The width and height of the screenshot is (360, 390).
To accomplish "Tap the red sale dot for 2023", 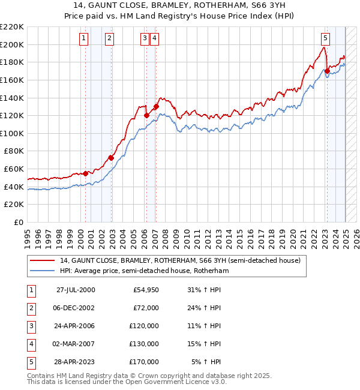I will point(327,71).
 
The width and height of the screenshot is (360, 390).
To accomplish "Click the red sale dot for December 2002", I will point(111,158).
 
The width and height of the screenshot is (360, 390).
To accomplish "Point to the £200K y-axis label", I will point(12,44).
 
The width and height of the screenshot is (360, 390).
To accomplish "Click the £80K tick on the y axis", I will point(14,151).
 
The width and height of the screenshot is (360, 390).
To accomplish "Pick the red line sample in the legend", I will point(42,260).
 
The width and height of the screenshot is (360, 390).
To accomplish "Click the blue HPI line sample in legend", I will point(42,271).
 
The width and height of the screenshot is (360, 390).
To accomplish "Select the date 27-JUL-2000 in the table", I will point(76,290).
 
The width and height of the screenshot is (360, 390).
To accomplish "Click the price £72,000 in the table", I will point(146,308).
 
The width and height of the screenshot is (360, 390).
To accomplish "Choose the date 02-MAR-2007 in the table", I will point(76,344).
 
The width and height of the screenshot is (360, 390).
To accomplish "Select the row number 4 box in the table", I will point(31,344).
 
